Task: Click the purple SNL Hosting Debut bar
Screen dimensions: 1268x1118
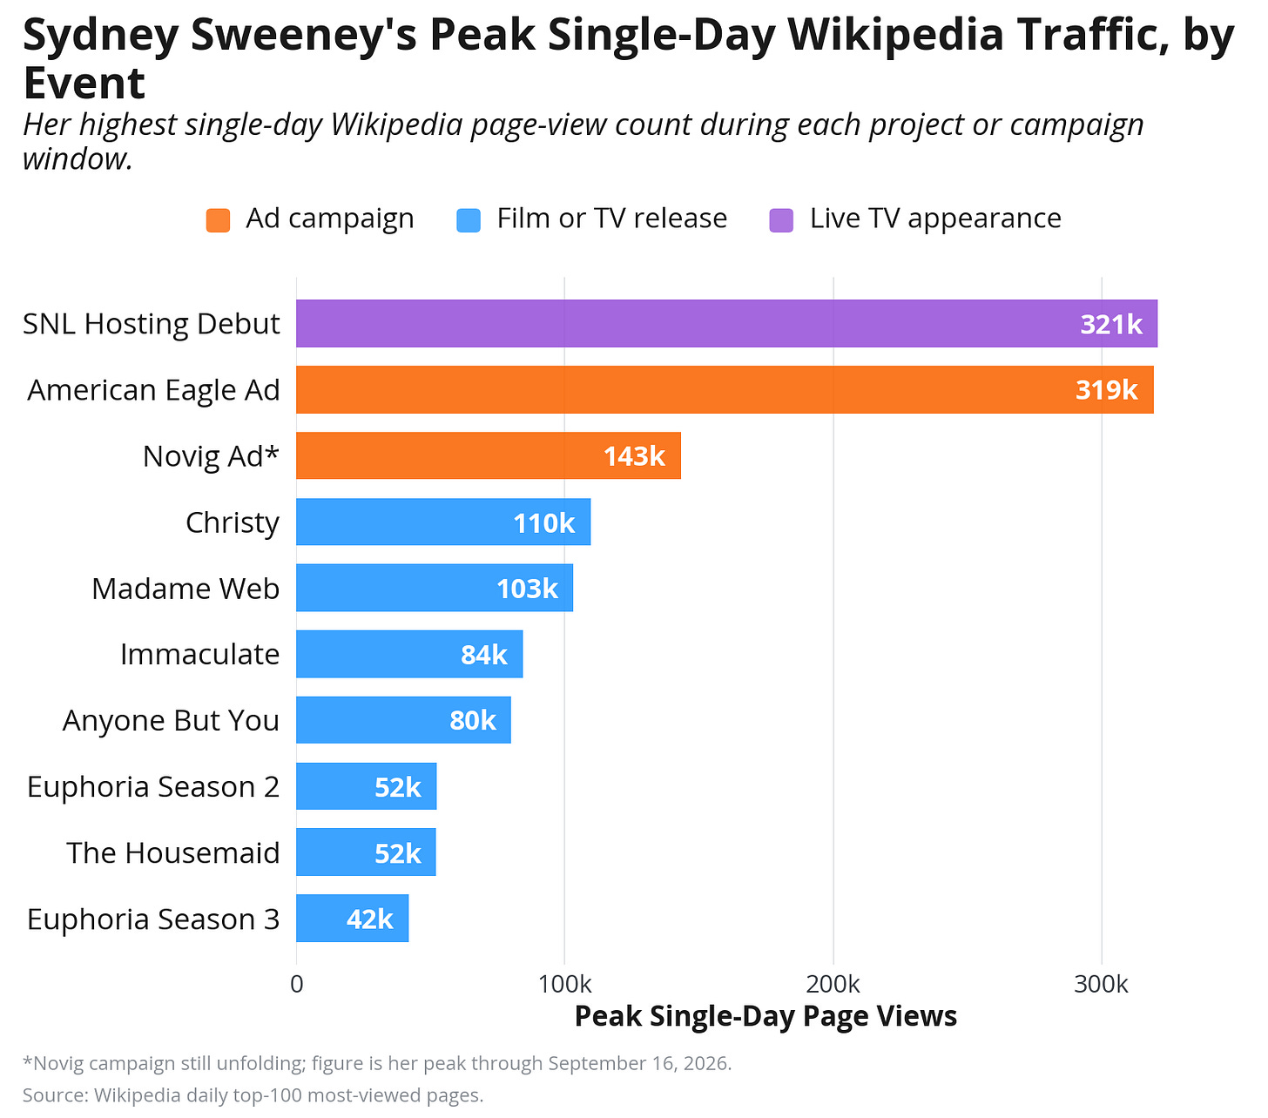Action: tap(726, 323)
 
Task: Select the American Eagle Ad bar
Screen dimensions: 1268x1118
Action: tap(724, 389)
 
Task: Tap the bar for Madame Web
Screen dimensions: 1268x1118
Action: tap(435, 588)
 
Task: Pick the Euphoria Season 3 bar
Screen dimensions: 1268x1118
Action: tap(353, 918)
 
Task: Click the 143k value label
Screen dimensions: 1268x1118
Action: tap(634, 456)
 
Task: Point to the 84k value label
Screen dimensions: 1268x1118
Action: tap(484, 655)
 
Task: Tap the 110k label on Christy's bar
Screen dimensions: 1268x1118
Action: tap(544, 522)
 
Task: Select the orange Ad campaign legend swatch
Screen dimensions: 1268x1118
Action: tap(218, 220)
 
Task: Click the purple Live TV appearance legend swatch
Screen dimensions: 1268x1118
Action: tap(781, 220)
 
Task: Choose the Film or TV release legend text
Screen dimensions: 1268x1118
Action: tap(612, 219)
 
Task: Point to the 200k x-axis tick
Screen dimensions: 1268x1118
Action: tap(833, 985)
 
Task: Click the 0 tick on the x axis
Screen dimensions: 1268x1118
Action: tap(297, 985)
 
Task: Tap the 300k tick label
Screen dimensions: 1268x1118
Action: tap(1101, 985)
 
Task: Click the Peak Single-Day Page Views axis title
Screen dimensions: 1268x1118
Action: tap(766, 1016)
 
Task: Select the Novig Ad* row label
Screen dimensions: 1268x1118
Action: tap(211, 456)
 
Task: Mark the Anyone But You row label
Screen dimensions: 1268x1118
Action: tap(171, 720)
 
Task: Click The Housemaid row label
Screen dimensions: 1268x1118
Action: tap(173, 852)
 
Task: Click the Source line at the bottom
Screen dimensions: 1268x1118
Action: tap(253, 1094)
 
